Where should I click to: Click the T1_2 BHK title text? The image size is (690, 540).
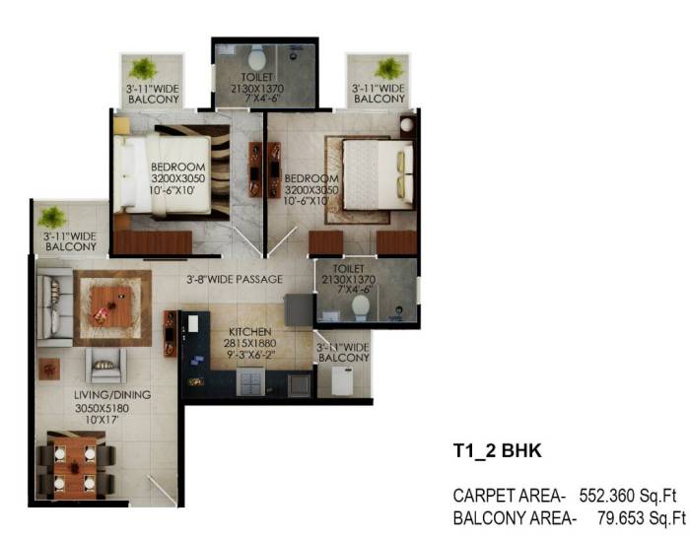[498, 451]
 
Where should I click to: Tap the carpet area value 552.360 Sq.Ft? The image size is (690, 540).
[628, 496]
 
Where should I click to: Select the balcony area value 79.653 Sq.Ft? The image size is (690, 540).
[642, 518]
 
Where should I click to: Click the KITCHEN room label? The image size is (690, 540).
[250, 332]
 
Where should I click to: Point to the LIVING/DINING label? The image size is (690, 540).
[112, 395]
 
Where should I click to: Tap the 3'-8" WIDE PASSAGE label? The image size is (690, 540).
[235, 279]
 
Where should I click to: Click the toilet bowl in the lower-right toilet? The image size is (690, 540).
[361, 306]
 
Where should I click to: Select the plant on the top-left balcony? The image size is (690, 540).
[143, 69]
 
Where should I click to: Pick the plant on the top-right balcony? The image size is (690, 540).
[389, 69]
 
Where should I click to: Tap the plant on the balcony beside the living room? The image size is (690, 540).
[52, 218]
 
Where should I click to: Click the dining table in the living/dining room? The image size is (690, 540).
[75, 467]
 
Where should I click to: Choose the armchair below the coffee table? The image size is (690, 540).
[105, 366]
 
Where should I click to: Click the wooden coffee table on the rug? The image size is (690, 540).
[111, 306]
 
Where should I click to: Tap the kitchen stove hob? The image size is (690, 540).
[250, 381]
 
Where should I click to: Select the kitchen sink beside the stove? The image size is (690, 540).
[299, 384]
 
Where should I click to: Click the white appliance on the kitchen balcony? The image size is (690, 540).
[342, 381]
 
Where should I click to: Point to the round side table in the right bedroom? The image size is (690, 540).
[407, 125]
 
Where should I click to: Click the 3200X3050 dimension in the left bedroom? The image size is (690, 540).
[178, 178]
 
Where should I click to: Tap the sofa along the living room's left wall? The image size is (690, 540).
[54, 306]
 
